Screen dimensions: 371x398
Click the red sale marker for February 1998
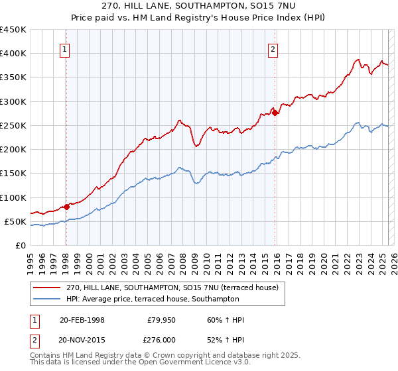coord(66,207)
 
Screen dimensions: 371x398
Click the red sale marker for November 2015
coord(275,113)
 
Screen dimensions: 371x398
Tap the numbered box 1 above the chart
coord(65,48)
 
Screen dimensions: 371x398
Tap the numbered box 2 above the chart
coord(273,48)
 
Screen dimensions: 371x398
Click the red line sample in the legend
coord(48,288)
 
